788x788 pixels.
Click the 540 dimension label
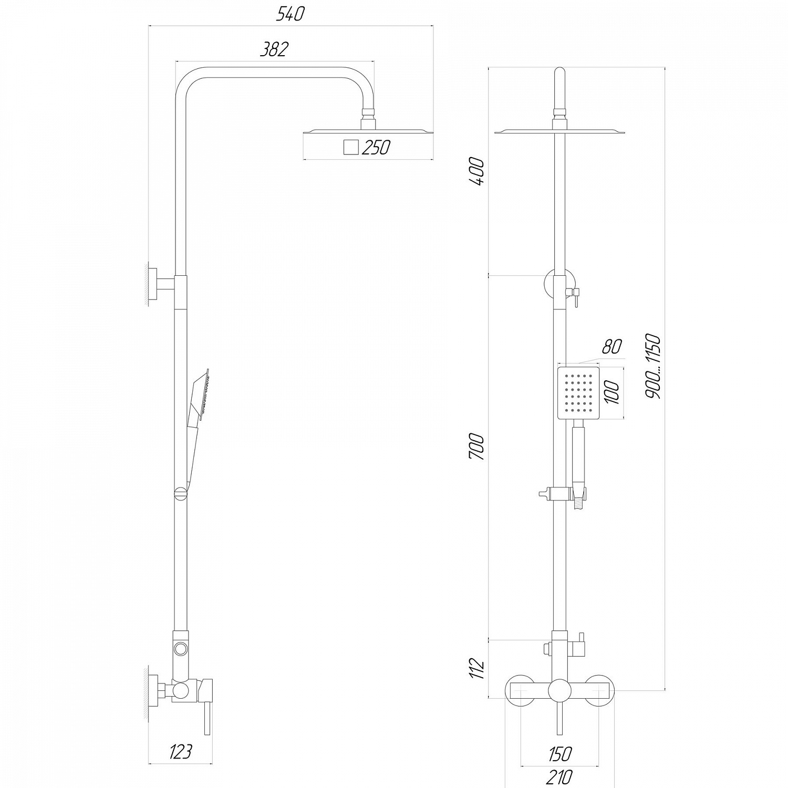click(x=291, y=14)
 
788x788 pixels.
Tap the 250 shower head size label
click(x=376, y=148)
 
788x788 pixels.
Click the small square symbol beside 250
click(x=350, y=148)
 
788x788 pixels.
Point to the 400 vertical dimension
click(x=478, y=171)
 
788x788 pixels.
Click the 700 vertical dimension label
click(x=476, y=447)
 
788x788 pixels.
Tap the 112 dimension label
click(x=476, y=668)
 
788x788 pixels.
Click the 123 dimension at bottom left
click(x=181, y=752)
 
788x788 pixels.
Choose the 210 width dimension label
click(x=559, y=776)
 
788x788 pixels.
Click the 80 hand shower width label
click(x=611, y=347)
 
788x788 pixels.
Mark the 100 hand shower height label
click(x=613, y=392)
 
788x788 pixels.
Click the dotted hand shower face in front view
click(x=578, y=393)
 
